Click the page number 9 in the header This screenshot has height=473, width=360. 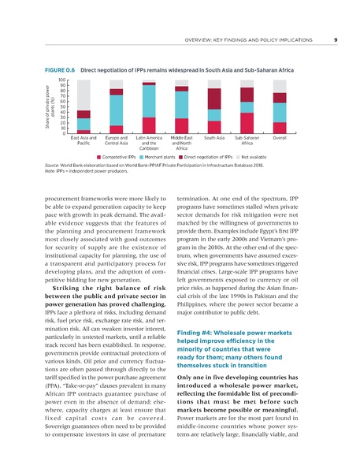click(x=336, y=40)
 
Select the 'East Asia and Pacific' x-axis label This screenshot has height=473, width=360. click(x=84, y=141)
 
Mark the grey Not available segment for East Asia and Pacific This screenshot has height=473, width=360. click(x=84, y=95)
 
